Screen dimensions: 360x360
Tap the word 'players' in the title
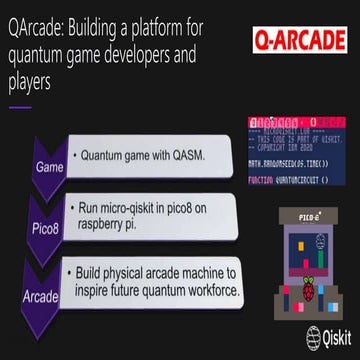pyautogui.click(x=30, y=86)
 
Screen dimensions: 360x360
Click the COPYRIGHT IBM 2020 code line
pyautogui.click(x=290, y=141)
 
